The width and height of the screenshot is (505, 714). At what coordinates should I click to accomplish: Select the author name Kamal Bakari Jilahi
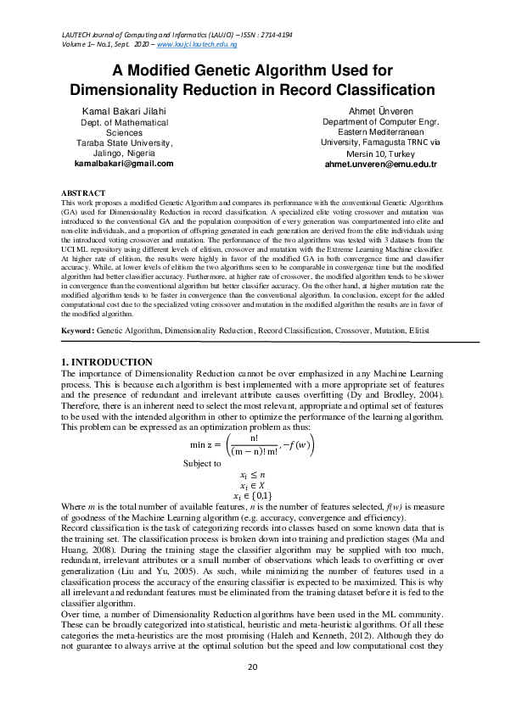point(124,111)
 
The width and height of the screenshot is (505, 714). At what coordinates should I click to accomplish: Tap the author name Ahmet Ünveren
point(379,111)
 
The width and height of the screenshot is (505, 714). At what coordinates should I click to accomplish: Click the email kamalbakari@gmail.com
point(124,164)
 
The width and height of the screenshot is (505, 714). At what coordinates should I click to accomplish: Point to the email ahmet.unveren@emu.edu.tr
point(379,164)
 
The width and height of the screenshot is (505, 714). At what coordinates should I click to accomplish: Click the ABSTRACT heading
point(83,193)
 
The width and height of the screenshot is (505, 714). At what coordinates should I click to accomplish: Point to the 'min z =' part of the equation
point(205,444)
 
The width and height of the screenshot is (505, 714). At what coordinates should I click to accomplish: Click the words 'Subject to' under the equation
point(202,464)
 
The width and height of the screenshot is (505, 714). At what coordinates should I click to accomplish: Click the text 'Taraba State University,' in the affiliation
point(124,143)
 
